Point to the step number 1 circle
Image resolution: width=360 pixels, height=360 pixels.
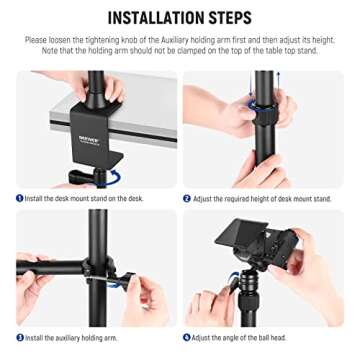[19, 199]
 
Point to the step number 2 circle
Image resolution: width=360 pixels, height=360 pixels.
[188, 199]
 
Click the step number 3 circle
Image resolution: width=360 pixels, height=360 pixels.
[19, 338]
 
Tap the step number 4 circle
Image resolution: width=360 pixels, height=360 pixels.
[188, 338]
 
